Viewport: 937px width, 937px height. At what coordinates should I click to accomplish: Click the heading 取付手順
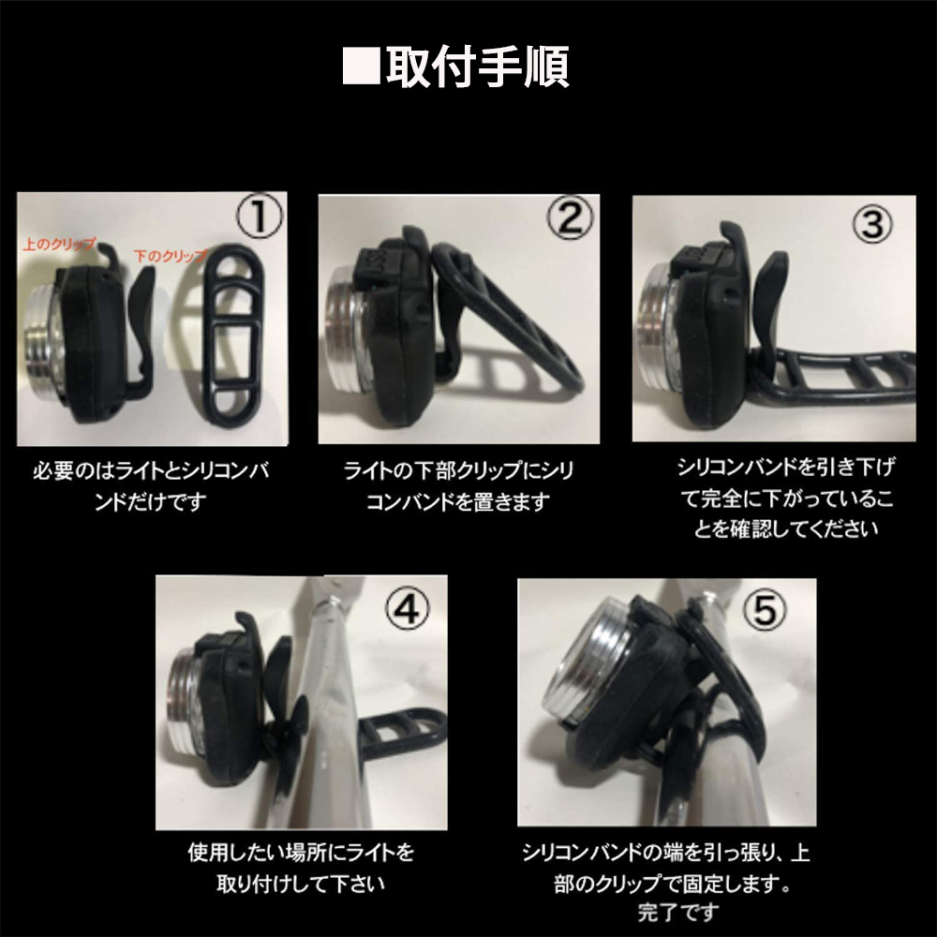[478, 67]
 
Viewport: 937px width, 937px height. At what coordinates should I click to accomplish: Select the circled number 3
[870, 224]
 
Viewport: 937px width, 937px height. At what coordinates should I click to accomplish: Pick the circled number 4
[409, 609]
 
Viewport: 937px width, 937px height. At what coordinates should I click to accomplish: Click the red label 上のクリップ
[57, 244]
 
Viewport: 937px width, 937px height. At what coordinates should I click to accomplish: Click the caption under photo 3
[783, 497]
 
